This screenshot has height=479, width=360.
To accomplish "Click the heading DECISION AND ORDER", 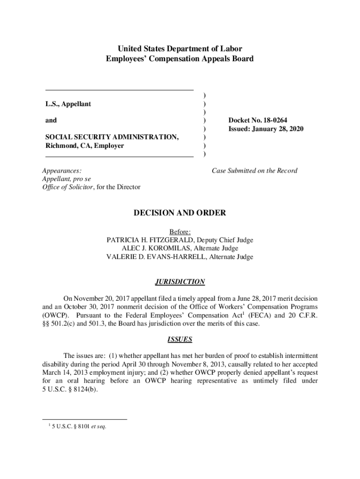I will pos(180,213).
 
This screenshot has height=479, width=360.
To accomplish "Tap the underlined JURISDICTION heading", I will pos(180,282).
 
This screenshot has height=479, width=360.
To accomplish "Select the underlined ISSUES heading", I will pos(180,339).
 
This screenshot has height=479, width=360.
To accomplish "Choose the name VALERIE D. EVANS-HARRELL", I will pos(157,257).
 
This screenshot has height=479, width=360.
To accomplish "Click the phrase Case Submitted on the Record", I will pos(254,171).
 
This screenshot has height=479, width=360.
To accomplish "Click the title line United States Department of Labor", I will pos(180,49).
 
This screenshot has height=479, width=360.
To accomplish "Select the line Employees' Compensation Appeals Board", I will pos(180,59).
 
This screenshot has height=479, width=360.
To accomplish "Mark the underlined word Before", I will pos(179,232).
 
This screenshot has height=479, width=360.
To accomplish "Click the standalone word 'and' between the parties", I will pos(51,120).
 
